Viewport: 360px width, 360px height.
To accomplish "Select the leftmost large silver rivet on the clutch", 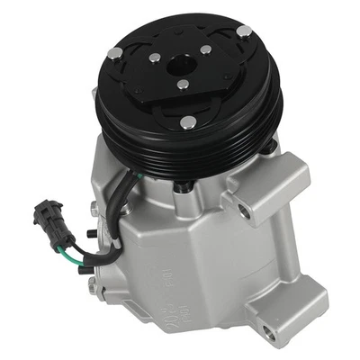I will coord(114,53).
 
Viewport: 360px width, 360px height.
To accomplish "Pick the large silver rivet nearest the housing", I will coord(187,121).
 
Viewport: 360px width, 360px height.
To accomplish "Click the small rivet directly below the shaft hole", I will coord(183,85).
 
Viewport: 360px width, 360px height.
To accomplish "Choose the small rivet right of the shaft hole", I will coord(206,49).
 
